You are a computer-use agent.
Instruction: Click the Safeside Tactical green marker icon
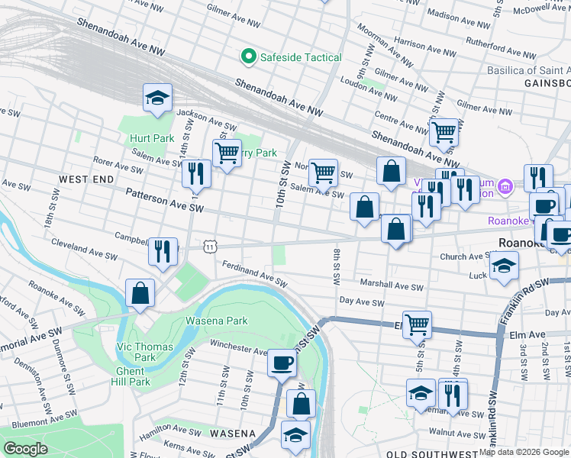pos(248,56)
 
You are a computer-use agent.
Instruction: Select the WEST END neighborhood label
pos(86,179)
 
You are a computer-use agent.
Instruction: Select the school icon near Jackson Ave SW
pos(157,98)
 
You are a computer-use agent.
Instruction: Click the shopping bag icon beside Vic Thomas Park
pos(140,293)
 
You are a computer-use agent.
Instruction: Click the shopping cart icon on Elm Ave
pos(417,324)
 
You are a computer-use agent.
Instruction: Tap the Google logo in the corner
pos(25,449)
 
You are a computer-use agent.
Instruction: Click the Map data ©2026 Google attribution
pos(524,452)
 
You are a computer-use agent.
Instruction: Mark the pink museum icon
pos(505,187)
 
